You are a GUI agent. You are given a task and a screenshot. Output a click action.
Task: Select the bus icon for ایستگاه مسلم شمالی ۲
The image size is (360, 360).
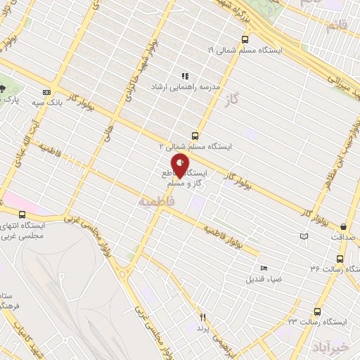[195, 136]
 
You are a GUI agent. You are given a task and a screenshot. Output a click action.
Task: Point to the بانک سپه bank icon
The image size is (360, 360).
[47, 93]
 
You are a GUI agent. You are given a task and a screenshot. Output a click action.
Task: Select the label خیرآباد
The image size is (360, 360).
[332, 347]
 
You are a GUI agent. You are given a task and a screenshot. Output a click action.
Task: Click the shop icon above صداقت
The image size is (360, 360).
[343, 227]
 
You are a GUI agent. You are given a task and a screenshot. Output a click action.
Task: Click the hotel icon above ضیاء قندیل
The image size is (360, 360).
[264, 268]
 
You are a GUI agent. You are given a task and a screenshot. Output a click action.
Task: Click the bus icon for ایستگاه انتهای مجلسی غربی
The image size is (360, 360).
[22, 214]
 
